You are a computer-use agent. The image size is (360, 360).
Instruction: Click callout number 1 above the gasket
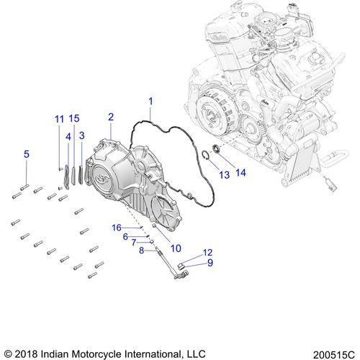tap(150, 102)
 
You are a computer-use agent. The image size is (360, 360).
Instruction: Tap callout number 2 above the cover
tap(111, 117)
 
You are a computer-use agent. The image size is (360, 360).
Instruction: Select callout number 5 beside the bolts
tap(27, 154)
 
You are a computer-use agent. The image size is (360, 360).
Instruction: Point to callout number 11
tap(60, 119)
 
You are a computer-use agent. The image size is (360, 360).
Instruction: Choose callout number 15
tap(74, 118)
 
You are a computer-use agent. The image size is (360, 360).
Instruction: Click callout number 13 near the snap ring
tap(225, 175)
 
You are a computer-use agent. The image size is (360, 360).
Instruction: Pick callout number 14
tap(240, 173)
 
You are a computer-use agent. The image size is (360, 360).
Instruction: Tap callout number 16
tap(117, 228)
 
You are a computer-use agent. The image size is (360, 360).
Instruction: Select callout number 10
tap(176, 248)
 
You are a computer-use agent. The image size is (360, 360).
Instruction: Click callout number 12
tap(208, 252)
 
